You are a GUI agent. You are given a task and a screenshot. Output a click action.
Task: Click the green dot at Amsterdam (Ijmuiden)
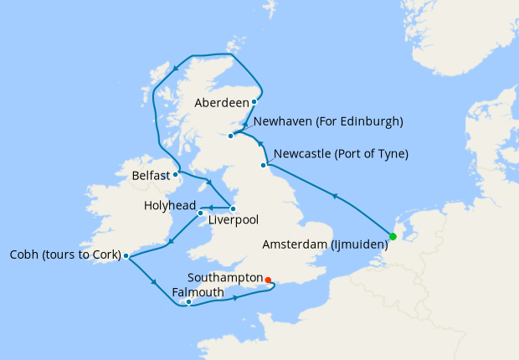393,236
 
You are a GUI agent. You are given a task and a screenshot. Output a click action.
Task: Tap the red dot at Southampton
268,280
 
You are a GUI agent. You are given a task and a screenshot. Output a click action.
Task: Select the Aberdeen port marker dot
254,102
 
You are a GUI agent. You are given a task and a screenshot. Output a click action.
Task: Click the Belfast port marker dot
175,175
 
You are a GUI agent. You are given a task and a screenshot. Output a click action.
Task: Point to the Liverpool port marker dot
233,208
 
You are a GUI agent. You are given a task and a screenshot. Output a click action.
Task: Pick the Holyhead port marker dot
201,213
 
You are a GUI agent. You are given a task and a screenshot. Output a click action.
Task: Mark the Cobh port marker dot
126,256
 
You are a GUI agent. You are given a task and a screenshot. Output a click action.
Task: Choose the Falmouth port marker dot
189,301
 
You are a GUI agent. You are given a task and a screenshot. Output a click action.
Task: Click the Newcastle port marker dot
264,166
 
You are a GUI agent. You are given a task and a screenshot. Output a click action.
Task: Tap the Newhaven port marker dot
230,136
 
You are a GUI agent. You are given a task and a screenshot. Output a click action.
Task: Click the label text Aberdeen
221,103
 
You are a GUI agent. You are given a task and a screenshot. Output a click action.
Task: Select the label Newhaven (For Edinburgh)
328,122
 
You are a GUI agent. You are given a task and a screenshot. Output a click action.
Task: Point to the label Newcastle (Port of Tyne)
341,154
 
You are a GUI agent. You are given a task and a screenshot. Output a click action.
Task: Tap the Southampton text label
224,277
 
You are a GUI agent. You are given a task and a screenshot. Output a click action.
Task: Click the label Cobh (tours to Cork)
60,255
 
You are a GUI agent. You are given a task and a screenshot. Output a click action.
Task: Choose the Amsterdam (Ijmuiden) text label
325,244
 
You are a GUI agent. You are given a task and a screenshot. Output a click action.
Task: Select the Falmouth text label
198,292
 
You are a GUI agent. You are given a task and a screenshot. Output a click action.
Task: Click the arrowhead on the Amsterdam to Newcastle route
335,198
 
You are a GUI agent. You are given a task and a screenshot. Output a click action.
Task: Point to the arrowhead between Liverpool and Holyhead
212,208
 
